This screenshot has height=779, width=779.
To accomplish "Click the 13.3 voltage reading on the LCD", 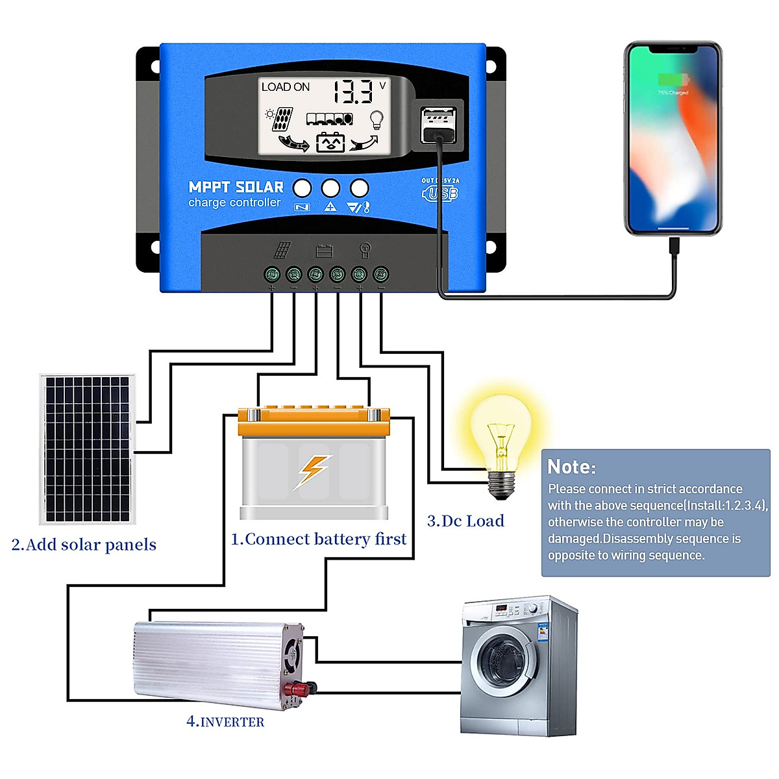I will click(x=354, y=92).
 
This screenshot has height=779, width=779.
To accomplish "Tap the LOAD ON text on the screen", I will click(x=285, y=87).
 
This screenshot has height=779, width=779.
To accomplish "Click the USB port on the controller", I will click(x=439, y=125).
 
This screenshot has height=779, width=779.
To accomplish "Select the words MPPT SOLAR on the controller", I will click(x=236, y=187).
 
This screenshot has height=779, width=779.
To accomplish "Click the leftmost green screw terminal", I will click(x=272, y=274).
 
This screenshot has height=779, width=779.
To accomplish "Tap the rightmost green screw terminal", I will click(x=381, y=274).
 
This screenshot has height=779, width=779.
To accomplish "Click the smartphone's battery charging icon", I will click(x=673, y=80).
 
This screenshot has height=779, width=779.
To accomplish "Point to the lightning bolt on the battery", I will click(x=314, y=470).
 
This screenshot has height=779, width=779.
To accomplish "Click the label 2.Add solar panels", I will click(x=84, y=545).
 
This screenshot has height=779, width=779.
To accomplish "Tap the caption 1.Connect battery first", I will click(x=318, y=539).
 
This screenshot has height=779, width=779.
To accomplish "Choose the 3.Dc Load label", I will click(x=465, y=521).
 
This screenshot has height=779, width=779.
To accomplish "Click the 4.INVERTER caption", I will click(x=225, y=721).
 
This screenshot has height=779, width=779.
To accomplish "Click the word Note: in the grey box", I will click(x=571, y=467).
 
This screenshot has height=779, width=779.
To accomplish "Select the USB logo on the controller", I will click(x=441, y=193).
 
